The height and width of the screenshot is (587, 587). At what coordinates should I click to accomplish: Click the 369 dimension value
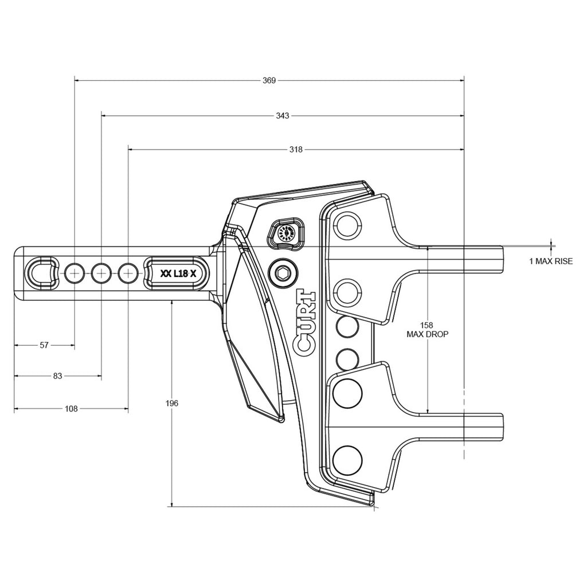(269, 81)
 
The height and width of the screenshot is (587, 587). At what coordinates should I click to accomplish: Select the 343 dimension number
(282, 115)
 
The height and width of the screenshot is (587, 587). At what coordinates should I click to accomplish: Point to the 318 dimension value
(296, 150)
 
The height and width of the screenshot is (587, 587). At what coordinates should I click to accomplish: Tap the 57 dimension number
(44, 345)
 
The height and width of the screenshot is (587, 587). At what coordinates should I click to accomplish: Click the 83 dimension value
(57, 376)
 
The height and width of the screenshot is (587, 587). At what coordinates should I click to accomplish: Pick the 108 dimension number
(71, 409)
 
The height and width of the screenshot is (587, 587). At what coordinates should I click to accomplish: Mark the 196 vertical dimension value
(172, 404)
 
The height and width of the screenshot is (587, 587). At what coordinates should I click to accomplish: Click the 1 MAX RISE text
(550, 261)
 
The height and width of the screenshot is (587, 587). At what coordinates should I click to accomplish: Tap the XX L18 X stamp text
(178, 274)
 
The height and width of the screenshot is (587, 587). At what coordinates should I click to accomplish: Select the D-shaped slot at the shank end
(42, 273)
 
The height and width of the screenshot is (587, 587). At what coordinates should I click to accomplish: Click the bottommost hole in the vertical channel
(346, 459)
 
